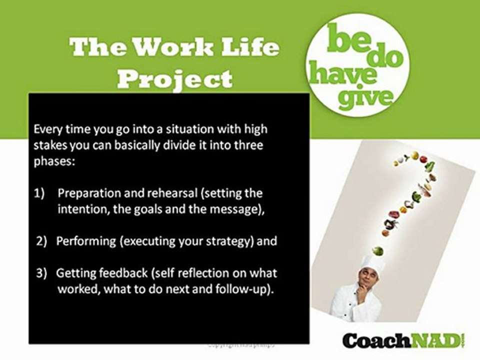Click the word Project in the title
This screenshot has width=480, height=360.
click(177, 78)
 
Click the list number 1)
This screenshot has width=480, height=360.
click(40, 193)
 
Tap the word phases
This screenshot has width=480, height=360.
click(52, 161)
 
